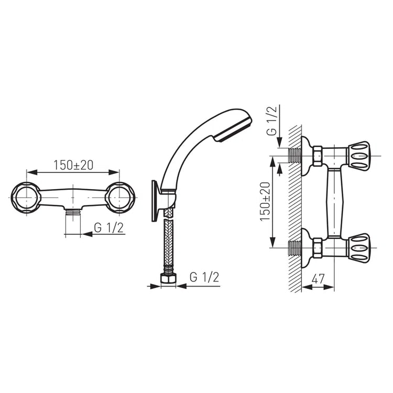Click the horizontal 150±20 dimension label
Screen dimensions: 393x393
coord(73,165)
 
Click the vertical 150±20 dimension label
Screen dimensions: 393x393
coord(265,202)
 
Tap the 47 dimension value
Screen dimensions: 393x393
coord(318,278)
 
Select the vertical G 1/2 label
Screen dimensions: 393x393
coord(271,121)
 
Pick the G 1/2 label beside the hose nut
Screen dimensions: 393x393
coord(204,277)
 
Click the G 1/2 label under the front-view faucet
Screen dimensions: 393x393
coord(109,228)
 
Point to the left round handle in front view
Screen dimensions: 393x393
coord(26,198)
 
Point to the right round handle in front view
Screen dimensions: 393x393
coord(120,198)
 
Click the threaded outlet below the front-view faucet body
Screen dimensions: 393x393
coord(73,213)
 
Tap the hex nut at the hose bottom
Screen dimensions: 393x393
coord(168,278)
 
